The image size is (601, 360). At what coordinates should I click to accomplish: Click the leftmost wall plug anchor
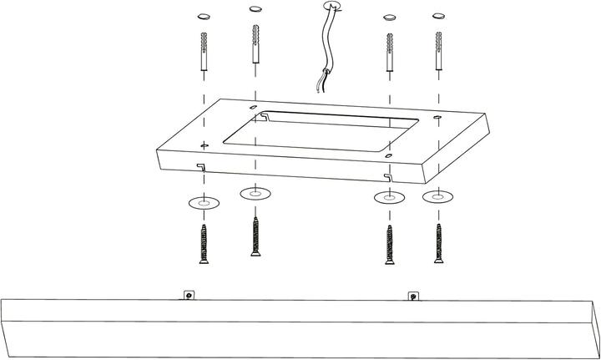[203, 53]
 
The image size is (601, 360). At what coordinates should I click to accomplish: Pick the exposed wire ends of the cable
[317, 87]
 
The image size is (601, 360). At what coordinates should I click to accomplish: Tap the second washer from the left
[255, 194]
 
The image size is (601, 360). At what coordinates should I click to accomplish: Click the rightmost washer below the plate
[437, 198]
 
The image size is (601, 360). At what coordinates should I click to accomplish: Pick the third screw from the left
[388, 244]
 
